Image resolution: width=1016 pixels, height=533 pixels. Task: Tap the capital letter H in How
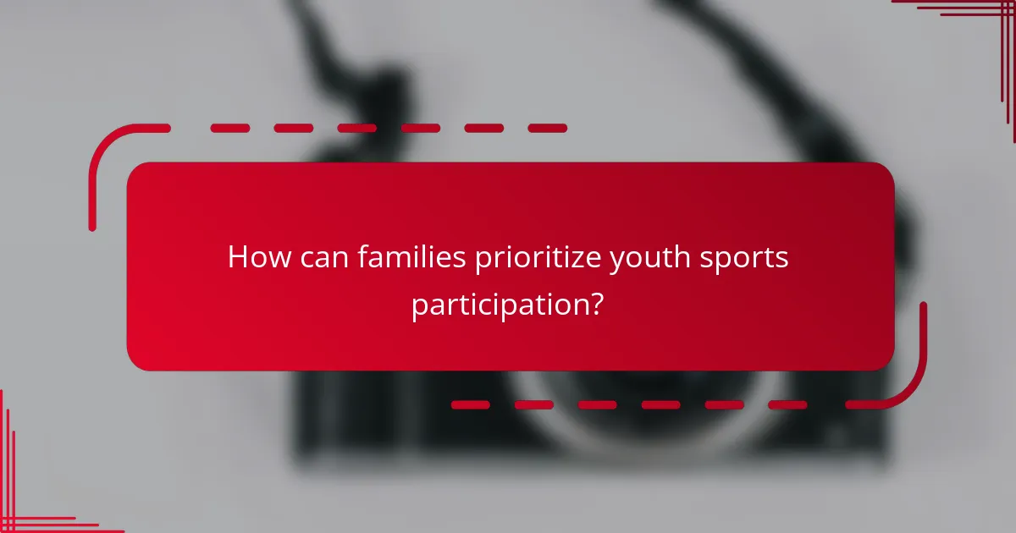239,257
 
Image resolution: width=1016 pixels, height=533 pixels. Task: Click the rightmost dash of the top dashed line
547,129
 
